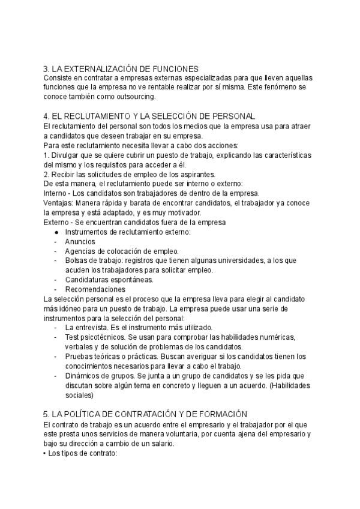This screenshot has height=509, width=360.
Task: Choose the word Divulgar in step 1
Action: pos(67,154)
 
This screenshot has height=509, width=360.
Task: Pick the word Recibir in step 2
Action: pos(64,173)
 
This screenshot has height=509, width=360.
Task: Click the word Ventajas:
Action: pos(61,202)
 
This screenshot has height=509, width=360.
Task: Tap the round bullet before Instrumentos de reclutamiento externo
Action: pos(56,232)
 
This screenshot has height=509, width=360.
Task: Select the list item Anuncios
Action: pos(80,241)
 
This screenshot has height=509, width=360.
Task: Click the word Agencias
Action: pos(82,251)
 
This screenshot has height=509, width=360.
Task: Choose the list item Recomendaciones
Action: pos(95,289)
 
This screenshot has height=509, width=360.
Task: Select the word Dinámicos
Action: pos(84,376)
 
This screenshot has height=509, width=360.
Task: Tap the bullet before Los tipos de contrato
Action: pos(46,453)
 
